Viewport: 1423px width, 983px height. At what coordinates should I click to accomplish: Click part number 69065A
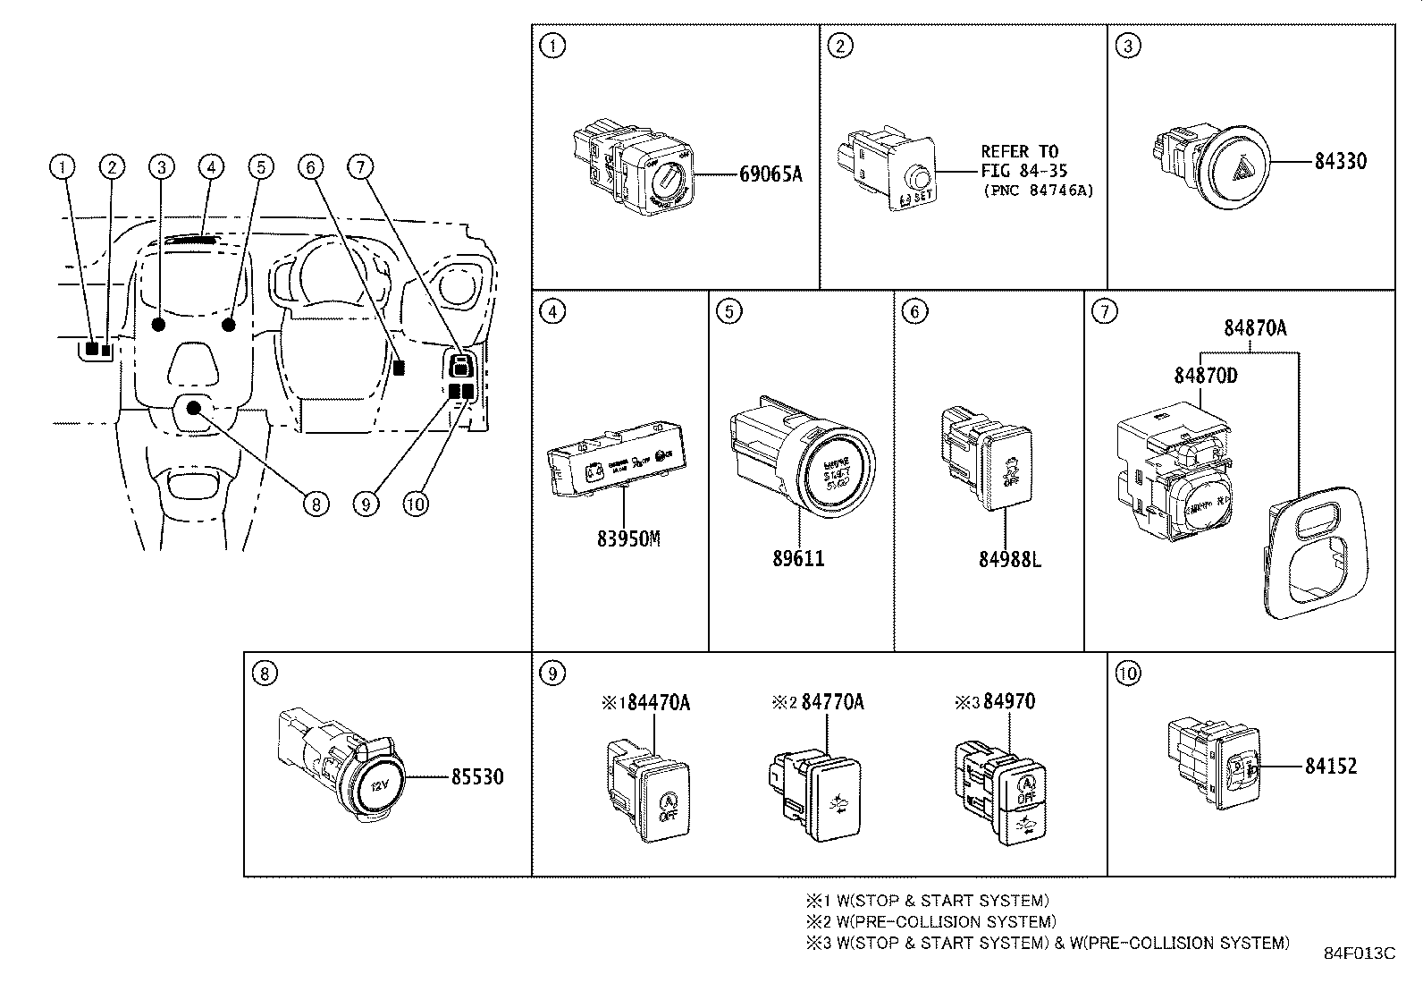770,174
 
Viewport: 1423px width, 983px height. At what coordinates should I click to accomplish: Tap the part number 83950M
629,539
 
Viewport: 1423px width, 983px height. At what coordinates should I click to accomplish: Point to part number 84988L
1009,560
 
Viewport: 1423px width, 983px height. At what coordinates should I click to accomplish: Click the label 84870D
1205,376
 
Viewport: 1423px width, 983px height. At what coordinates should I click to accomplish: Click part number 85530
476,777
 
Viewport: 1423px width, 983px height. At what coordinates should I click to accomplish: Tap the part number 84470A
659,702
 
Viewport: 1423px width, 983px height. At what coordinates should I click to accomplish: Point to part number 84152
1330,767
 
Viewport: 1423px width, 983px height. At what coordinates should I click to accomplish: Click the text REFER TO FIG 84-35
1023,161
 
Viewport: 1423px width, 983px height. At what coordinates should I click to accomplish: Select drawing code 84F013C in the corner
1359,953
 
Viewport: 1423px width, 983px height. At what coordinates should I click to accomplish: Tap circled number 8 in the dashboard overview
314,504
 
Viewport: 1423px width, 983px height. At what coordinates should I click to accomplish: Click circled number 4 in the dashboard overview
211,166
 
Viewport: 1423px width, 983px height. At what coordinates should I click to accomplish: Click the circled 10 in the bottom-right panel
1128,673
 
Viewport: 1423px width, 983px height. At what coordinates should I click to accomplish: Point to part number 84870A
1255,329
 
